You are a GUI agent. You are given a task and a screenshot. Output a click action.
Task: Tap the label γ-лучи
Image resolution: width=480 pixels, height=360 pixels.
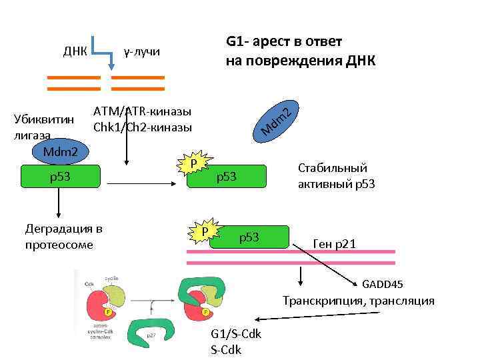coord(142,51)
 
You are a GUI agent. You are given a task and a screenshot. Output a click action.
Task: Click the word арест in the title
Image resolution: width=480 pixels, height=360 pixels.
coord(278,41)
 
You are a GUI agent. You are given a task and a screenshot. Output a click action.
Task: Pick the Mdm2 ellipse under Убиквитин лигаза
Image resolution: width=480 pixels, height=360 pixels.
coord(60,153)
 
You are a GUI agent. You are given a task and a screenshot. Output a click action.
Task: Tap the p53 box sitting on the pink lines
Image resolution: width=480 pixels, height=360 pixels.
coord(249,237)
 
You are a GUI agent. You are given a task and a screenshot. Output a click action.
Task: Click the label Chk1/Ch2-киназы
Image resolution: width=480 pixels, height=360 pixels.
coord(143,127)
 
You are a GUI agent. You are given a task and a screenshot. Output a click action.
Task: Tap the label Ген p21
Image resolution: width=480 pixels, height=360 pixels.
coord(334,245)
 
